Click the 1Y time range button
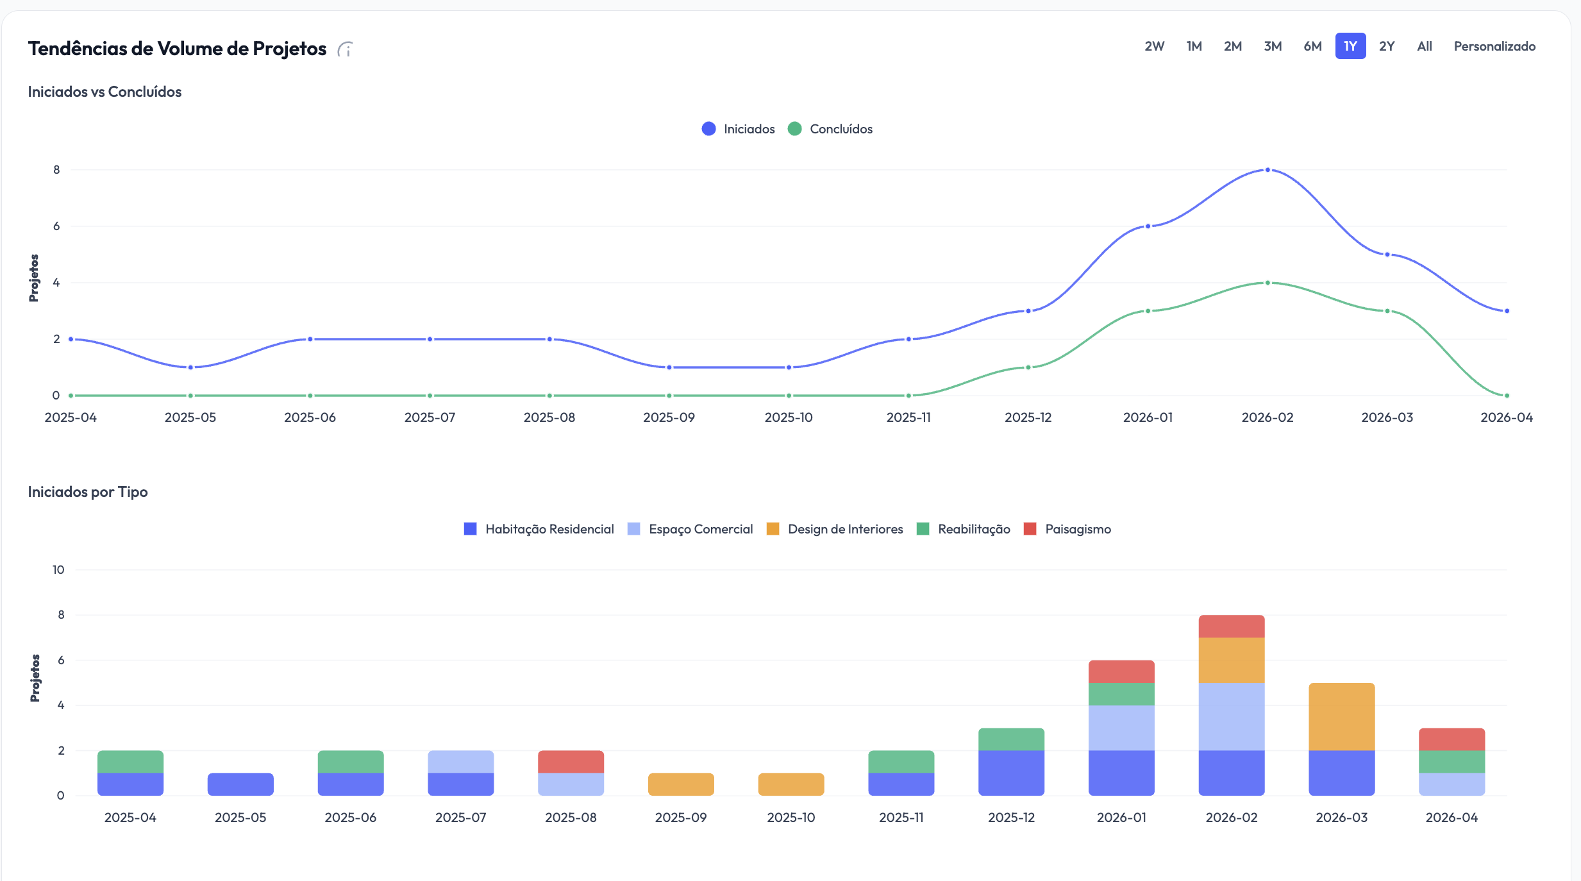coord(1350,46)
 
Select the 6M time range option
coord(1312,46)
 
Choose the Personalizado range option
coord(1494,46)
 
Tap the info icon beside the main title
coord(346,49)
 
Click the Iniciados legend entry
coord(739,129)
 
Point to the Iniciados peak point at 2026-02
coord(1267,170)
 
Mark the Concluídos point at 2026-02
coord(1267,283)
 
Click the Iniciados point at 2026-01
coord(1148,226)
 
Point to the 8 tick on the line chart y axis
coord(56,170)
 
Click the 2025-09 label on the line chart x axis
coord(669,417)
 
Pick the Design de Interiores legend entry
coord(835,529)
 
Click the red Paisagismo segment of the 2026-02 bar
coord(1231,626)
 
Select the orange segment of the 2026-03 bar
coord(1341,716)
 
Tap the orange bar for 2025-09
coord(681,784)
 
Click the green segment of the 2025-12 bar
coord(1011,739)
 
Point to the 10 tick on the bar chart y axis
coord(58,570)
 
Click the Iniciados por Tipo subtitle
coord(88,492)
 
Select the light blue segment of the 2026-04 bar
coord(1451,784)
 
